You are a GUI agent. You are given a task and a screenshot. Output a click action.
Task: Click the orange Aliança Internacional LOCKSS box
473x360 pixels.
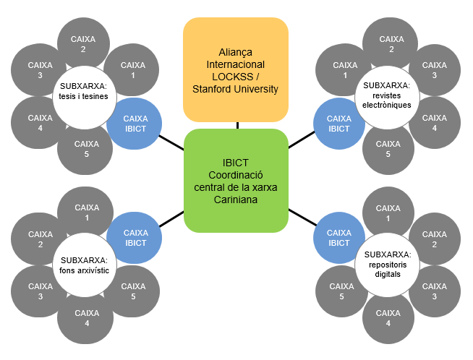point(236,69)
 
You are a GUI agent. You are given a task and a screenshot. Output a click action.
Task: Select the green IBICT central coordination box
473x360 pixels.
point(236,180)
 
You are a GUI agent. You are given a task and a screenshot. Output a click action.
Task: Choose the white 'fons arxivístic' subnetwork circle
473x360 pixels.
point(84,265)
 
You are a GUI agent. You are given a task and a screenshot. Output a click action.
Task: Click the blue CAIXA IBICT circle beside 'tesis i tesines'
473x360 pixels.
point(136,124)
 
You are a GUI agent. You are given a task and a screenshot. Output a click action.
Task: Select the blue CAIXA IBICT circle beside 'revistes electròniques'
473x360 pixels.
point(338,124)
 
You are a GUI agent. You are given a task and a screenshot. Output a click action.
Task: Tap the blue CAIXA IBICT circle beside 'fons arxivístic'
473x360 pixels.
point(136,238)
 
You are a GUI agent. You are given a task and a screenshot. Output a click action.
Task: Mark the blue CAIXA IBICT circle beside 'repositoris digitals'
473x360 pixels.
point(338,238)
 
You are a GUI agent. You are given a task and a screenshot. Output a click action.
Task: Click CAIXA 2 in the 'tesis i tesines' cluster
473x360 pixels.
point(83,44)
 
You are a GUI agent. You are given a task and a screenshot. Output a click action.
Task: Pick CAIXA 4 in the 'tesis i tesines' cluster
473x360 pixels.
point(41,123)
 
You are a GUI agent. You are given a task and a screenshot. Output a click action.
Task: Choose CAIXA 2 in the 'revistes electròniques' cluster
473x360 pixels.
point(391,44)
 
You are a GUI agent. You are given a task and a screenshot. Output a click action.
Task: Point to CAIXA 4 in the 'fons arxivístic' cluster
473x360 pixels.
point(87,318)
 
